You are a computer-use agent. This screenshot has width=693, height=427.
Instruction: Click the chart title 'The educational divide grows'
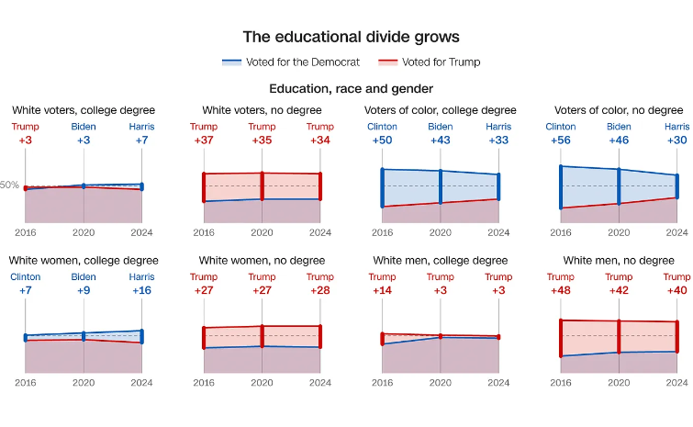click(x=352, y=37)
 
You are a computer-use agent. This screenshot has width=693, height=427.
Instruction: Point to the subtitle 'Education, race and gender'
click(x=352, y=89)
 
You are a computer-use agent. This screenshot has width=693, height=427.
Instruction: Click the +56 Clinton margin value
click(x=560, y=140)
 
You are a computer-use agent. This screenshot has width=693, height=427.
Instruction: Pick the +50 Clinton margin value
click(x=382, y=140)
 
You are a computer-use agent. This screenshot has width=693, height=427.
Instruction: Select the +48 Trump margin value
click(x=560, y=291)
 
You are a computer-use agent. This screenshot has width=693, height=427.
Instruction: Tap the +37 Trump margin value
click(x=204, y=140)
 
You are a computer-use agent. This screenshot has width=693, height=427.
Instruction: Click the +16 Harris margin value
click(x=141, y=291)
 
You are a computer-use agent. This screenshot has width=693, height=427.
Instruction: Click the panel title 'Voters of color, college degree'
click(x=441, y=110)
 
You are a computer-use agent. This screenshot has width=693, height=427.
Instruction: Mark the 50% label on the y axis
click(x=9, y=185)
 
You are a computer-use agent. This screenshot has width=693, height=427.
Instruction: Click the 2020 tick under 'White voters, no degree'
click(x=262, y=232)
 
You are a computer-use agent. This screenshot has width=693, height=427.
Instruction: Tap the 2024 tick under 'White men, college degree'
click(x=498, y=383)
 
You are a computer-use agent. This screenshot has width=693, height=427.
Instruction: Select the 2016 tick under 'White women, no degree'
click(x=204, y=383)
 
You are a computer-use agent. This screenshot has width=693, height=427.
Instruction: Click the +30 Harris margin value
click(x=676, y=140)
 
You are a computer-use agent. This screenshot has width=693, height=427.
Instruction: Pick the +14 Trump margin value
click(x=382, y=291)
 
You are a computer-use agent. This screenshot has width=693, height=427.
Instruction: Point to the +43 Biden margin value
click(x=441, y=140)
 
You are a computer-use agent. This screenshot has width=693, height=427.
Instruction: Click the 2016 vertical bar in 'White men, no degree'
click(x=560, y=338)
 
